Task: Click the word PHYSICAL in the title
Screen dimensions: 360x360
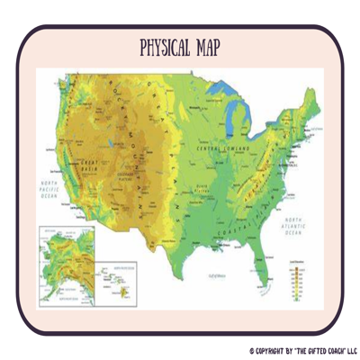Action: click(164, 46)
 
